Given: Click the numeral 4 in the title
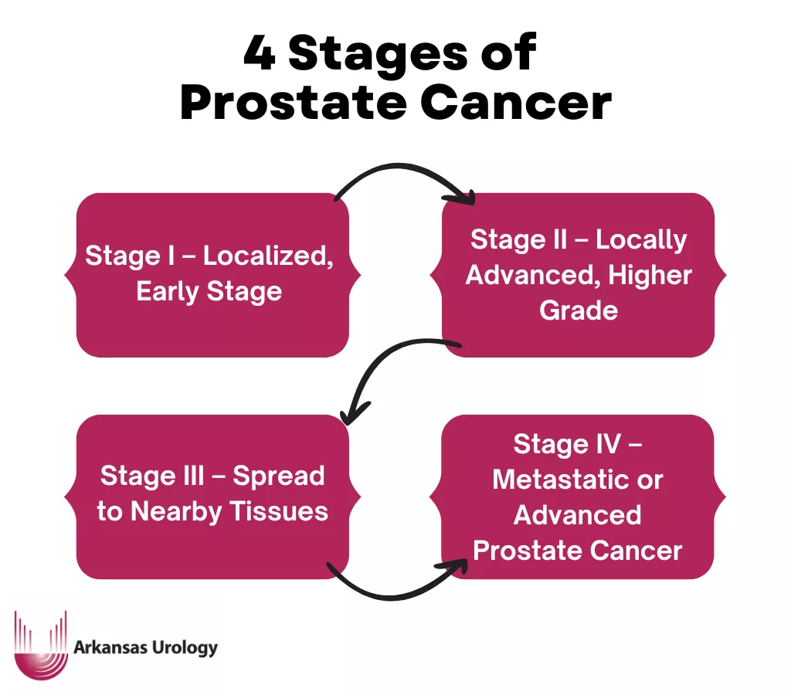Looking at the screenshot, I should [x=259, y=55].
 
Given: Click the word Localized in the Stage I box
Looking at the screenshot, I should [x=269, y=256].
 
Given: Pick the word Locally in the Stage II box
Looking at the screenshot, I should [x=641, y=239].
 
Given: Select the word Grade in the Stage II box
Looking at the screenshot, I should [x=579, y=310].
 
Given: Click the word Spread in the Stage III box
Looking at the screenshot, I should [x=279, y=476].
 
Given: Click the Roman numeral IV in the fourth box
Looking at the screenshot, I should [x=606, y=444].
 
